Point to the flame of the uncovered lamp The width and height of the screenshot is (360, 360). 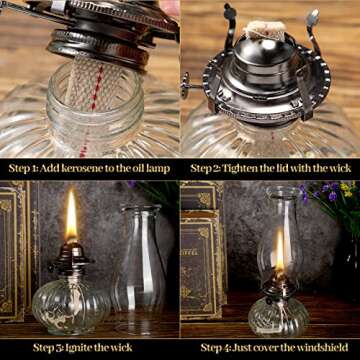coord(71,215)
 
